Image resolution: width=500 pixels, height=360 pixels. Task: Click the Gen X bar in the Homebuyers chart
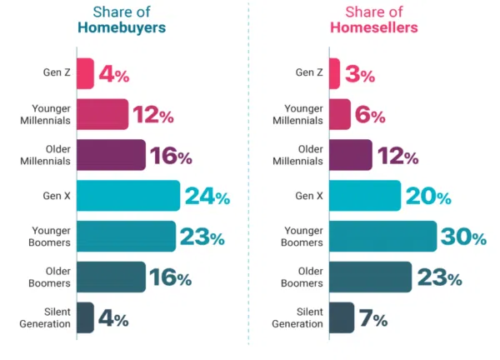pyautogui.click(x=127, y=196)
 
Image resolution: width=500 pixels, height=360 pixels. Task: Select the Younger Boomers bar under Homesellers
pyautogui.click(x=382, y=236)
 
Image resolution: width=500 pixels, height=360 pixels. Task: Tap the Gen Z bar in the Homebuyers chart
pyautogui.click(x=85, y=73)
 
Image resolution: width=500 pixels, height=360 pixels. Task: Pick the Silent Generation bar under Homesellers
pyautogui.click(x=342, y=317)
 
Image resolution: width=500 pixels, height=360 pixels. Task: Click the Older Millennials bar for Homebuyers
pyautogui.click(x=111, y=155)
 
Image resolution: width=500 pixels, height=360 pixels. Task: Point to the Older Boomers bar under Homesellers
pyautogui.click(x=370, y=277)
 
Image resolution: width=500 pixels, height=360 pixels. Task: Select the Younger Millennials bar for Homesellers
pyautogui.click(x=340, y=114)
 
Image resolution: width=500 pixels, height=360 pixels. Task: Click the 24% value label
pyautogui.click(x=207, y=197)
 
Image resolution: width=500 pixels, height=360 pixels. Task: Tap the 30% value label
pyautogui.click(x=464, y=237)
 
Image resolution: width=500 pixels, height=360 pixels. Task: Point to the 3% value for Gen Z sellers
pyautogui.click(x=359, y=74)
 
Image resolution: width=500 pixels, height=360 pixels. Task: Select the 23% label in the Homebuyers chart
pyautogui.click(x=202, y=237)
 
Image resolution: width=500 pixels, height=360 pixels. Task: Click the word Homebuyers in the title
pyautogui.click(x=122, y=27)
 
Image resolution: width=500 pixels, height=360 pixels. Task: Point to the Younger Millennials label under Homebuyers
pyautogui.click(x=47, y=114)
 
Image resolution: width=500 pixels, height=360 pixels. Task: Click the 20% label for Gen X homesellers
pyautogui.click(x=428, y=197)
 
